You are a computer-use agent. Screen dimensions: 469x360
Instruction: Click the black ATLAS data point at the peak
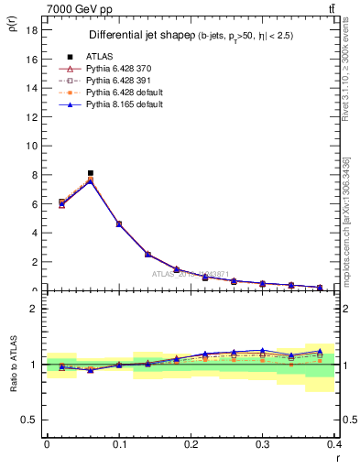pos(90,172)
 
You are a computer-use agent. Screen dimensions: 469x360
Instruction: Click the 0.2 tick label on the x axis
pos(191,444)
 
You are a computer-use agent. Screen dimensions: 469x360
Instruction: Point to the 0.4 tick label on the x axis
pos(334,444)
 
